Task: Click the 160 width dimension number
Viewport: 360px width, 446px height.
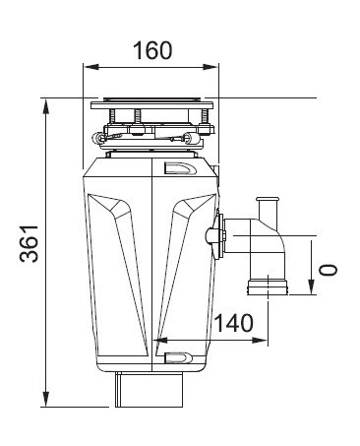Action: point(152,50)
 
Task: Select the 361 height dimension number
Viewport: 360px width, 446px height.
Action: point(30,243)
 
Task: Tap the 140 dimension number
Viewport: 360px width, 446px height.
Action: point(233,323)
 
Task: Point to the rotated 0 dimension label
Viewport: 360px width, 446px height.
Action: point(329,270)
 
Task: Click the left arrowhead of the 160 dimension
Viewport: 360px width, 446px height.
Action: point(91,67)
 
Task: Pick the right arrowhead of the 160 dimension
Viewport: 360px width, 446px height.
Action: point(210,67)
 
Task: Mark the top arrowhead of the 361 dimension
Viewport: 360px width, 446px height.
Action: point(46,106)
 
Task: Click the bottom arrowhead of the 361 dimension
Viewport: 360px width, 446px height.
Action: point(46,399)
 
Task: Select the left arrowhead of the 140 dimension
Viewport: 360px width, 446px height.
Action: point(160,341)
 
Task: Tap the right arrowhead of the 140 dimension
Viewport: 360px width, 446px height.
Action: point(260,341)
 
